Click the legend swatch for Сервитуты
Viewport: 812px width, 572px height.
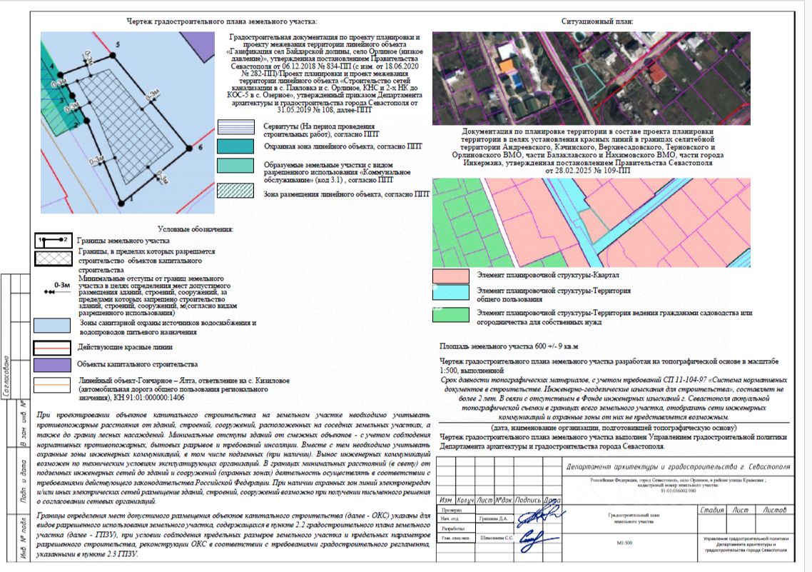pos(235,128)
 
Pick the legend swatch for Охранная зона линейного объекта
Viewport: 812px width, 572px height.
pos(235,146)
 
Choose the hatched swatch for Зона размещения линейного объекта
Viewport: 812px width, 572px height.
pos(235,191)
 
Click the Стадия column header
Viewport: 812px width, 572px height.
pos(713,510)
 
